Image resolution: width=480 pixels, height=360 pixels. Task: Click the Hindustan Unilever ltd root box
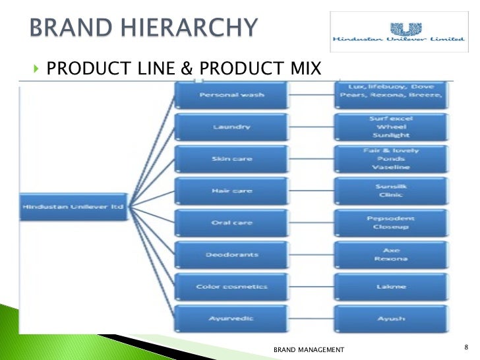[73, 206]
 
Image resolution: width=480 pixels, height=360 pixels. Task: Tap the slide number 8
[466, 347]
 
